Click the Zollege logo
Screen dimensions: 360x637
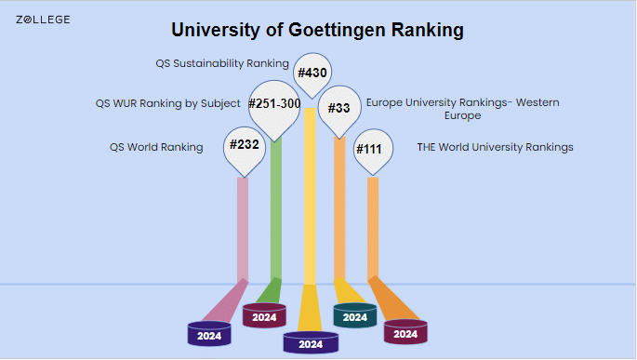[x=43, y=20]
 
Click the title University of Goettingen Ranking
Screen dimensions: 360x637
[x=318, y=31]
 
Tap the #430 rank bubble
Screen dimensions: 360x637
[x=313, y=73]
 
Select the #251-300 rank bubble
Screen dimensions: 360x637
[x=274, y=103]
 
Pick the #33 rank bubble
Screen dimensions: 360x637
[x=339, y=108]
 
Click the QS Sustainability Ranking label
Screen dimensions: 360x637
[x=222, y=64]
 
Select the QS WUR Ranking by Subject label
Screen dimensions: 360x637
[x=167, y=103]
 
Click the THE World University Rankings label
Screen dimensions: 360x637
[x=495, y=147]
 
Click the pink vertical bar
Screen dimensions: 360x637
[x=243, y=228]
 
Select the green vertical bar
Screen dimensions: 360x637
[x=276, y=223]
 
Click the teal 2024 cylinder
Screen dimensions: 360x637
[x=354, y=316]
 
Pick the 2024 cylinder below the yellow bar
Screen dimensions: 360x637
[x=311, y=342]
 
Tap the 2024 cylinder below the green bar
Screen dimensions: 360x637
[x=264, y=315]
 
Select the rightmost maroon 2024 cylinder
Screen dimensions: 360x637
[x=405, y=332]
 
